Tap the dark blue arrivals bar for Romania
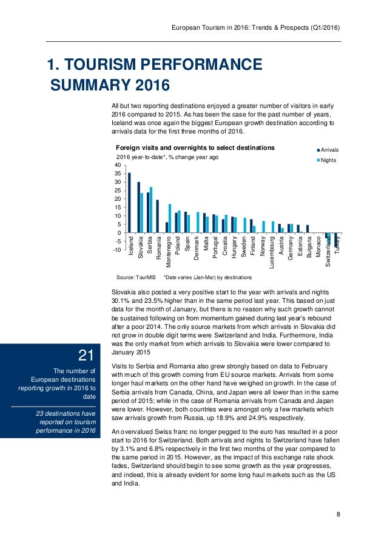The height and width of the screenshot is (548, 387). (157, 217)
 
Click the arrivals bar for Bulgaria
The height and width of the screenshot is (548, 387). (308, 229)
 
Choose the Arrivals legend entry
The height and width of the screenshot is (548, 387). (328, 149)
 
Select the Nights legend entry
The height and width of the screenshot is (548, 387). (328, 160)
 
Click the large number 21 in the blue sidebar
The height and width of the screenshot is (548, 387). (85, 354)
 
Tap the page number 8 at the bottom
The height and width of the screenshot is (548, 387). (338, 515)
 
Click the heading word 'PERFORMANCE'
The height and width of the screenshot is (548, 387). (195, 65)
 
